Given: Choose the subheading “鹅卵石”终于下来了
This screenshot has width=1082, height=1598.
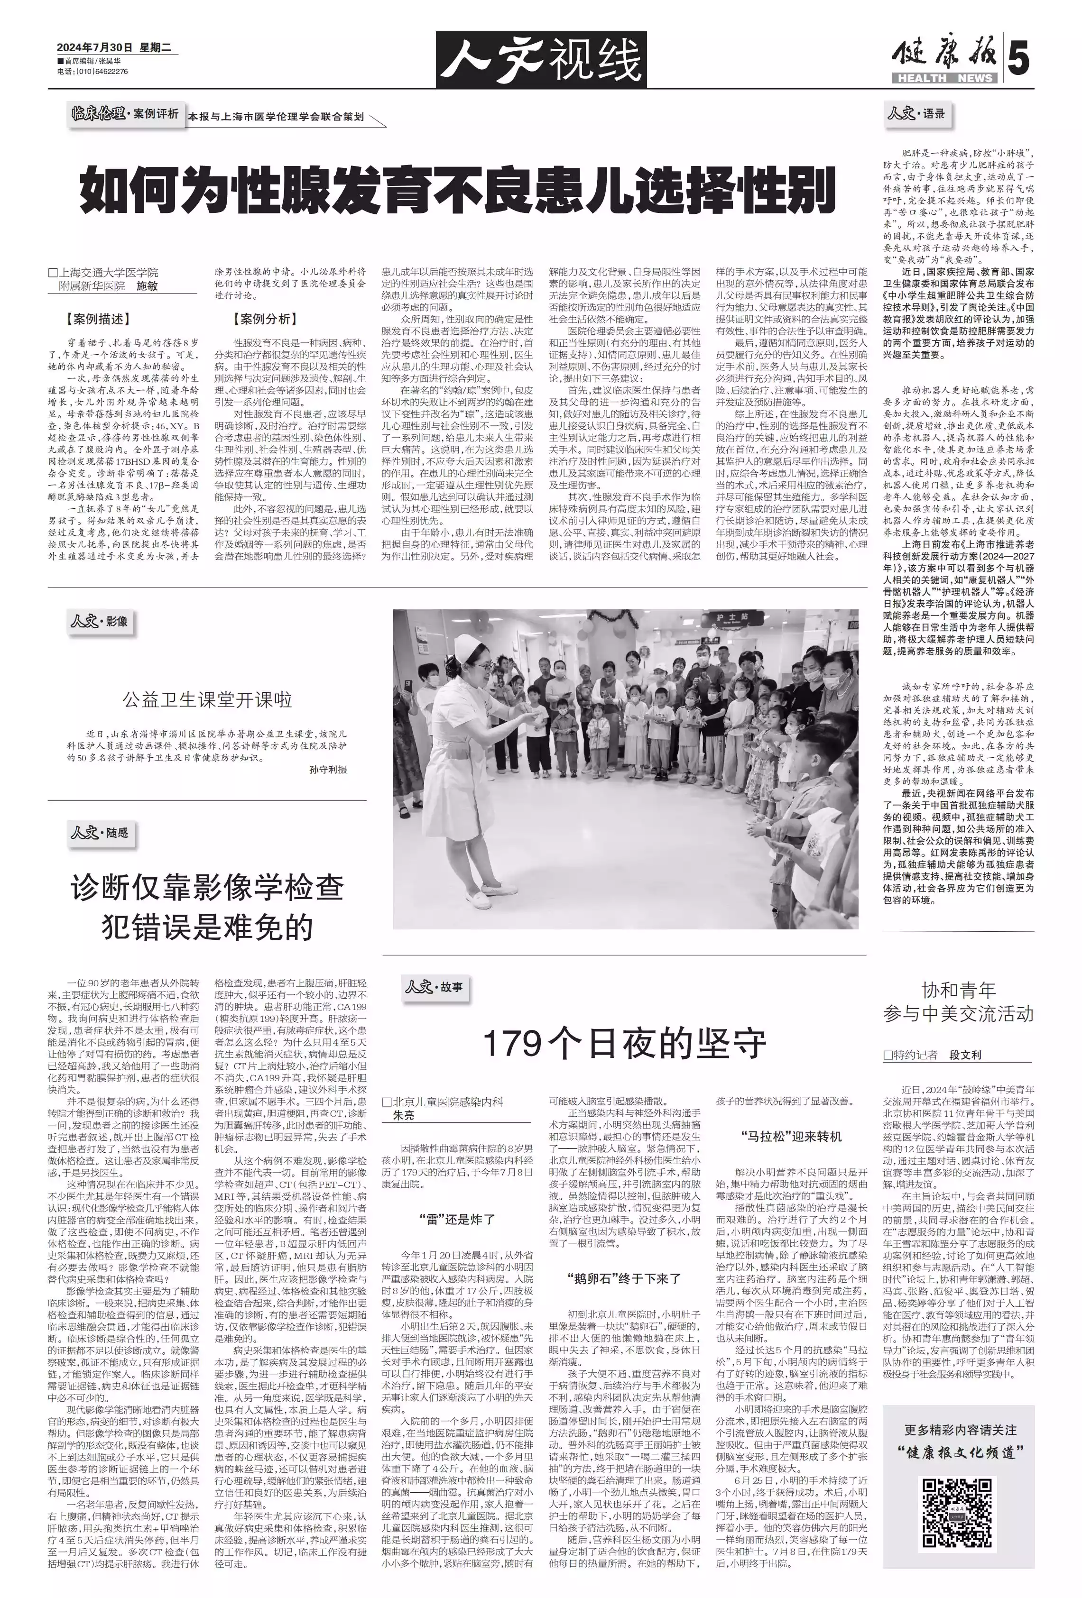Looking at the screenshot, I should [624, 1278].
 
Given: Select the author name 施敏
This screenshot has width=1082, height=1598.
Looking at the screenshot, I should [147, 285].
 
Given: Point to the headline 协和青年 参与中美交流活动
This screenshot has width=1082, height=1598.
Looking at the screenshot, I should [958, 1002].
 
